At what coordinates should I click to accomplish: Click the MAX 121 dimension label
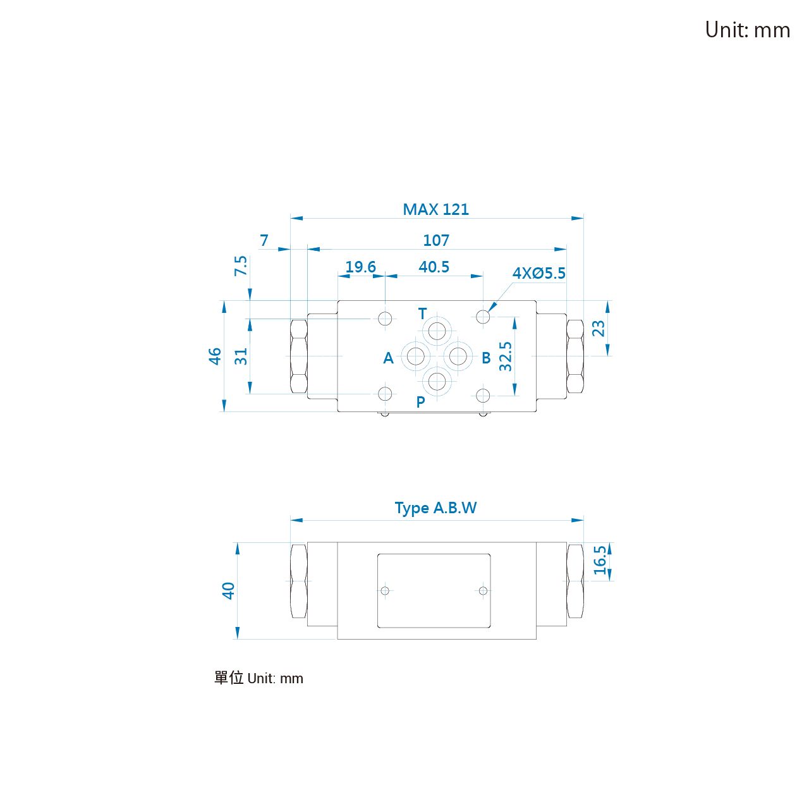[435, 209]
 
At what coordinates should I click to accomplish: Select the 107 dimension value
[435, 240]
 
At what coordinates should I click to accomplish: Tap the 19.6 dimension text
[360, 267]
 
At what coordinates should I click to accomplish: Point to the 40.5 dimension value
[434, 267]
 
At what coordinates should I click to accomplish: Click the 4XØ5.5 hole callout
[538, 273]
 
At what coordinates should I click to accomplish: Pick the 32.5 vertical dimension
[506, 356]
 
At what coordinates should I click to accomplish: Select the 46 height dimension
[215, 356]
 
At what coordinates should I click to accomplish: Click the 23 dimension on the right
[599, 328]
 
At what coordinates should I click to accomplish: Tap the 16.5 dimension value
[600, 560]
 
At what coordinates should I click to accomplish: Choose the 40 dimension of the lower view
[228, 591]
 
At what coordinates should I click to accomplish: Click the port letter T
[422, 313]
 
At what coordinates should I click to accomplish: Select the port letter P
[420, 402]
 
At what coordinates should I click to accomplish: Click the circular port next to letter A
[415, 356]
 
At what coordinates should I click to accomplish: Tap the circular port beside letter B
[458, 356]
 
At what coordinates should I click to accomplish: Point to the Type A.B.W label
[435, 508]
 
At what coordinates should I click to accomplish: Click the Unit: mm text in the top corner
[747, 30]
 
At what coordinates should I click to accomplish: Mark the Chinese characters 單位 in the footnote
[229, 678]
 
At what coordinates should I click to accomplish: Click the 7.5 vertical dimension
[241, 265]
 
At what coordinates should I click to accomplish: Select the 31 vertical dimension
[241, 356]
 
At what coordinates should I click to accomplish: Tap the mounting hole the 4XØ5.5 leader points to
[483, 317]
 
